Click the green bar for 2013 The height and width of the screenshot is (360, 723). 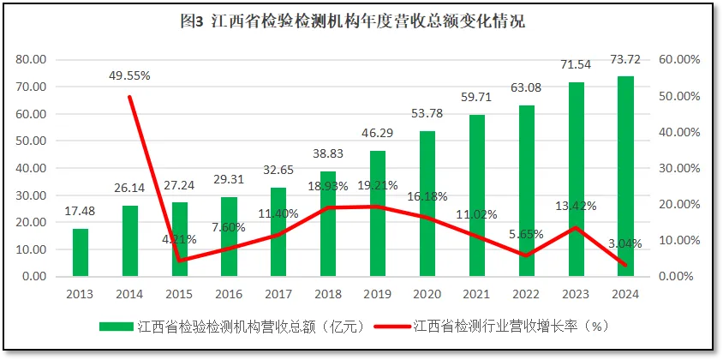80,253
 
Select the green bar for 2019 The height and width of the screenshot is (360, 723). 378,213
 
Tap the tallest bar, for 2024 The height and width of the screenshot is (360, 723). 625,177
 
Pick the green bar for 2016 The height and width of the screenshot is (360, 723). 229,237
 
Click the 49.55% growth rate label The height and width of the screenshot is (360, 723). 129,75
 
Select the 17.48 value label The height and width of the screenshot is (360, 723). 80,211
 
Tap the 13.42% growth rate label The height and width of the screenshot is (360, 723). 577,205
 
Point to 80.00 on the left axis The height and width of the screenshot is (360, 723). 31,60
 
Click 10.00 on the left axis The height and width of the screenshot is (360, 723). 31,249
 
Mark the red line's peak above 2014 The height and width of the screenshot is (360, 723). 129,97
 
